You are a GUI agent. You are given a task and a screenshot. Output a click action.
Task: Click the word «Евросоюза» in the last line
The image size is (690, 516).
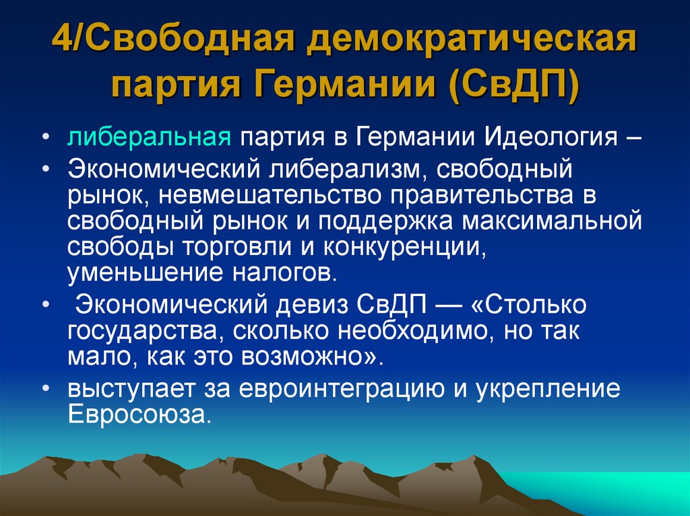[138, 412]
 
